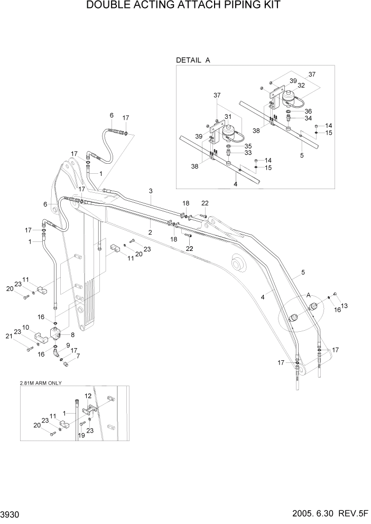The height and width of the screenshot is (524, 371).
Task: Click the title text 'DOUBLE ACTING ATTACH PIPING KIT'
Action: (185, 6)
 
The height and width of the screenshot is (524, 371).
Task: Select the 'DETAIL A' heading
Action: (193, 60)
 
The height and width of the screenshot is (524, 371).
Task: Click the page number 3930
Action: (11, 514)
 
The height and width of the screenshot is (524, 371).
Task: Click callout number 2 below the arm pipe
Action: (150, 232)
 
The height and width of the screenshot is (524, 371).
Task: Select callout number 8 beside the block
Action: (72, 334)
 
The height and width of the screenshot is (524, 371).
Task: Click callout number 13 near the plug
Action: (345, 305)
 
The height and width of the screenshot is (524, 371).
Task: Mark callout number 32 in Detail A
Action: (301, 85)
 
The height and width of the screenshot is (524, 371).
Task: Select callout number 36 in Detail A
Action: (308, 111)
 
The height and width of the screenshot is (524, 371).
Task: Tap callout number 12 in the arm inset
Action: (88, 396)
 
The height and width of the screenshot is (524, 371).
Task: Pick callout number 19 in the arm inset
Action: (82, 435)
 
